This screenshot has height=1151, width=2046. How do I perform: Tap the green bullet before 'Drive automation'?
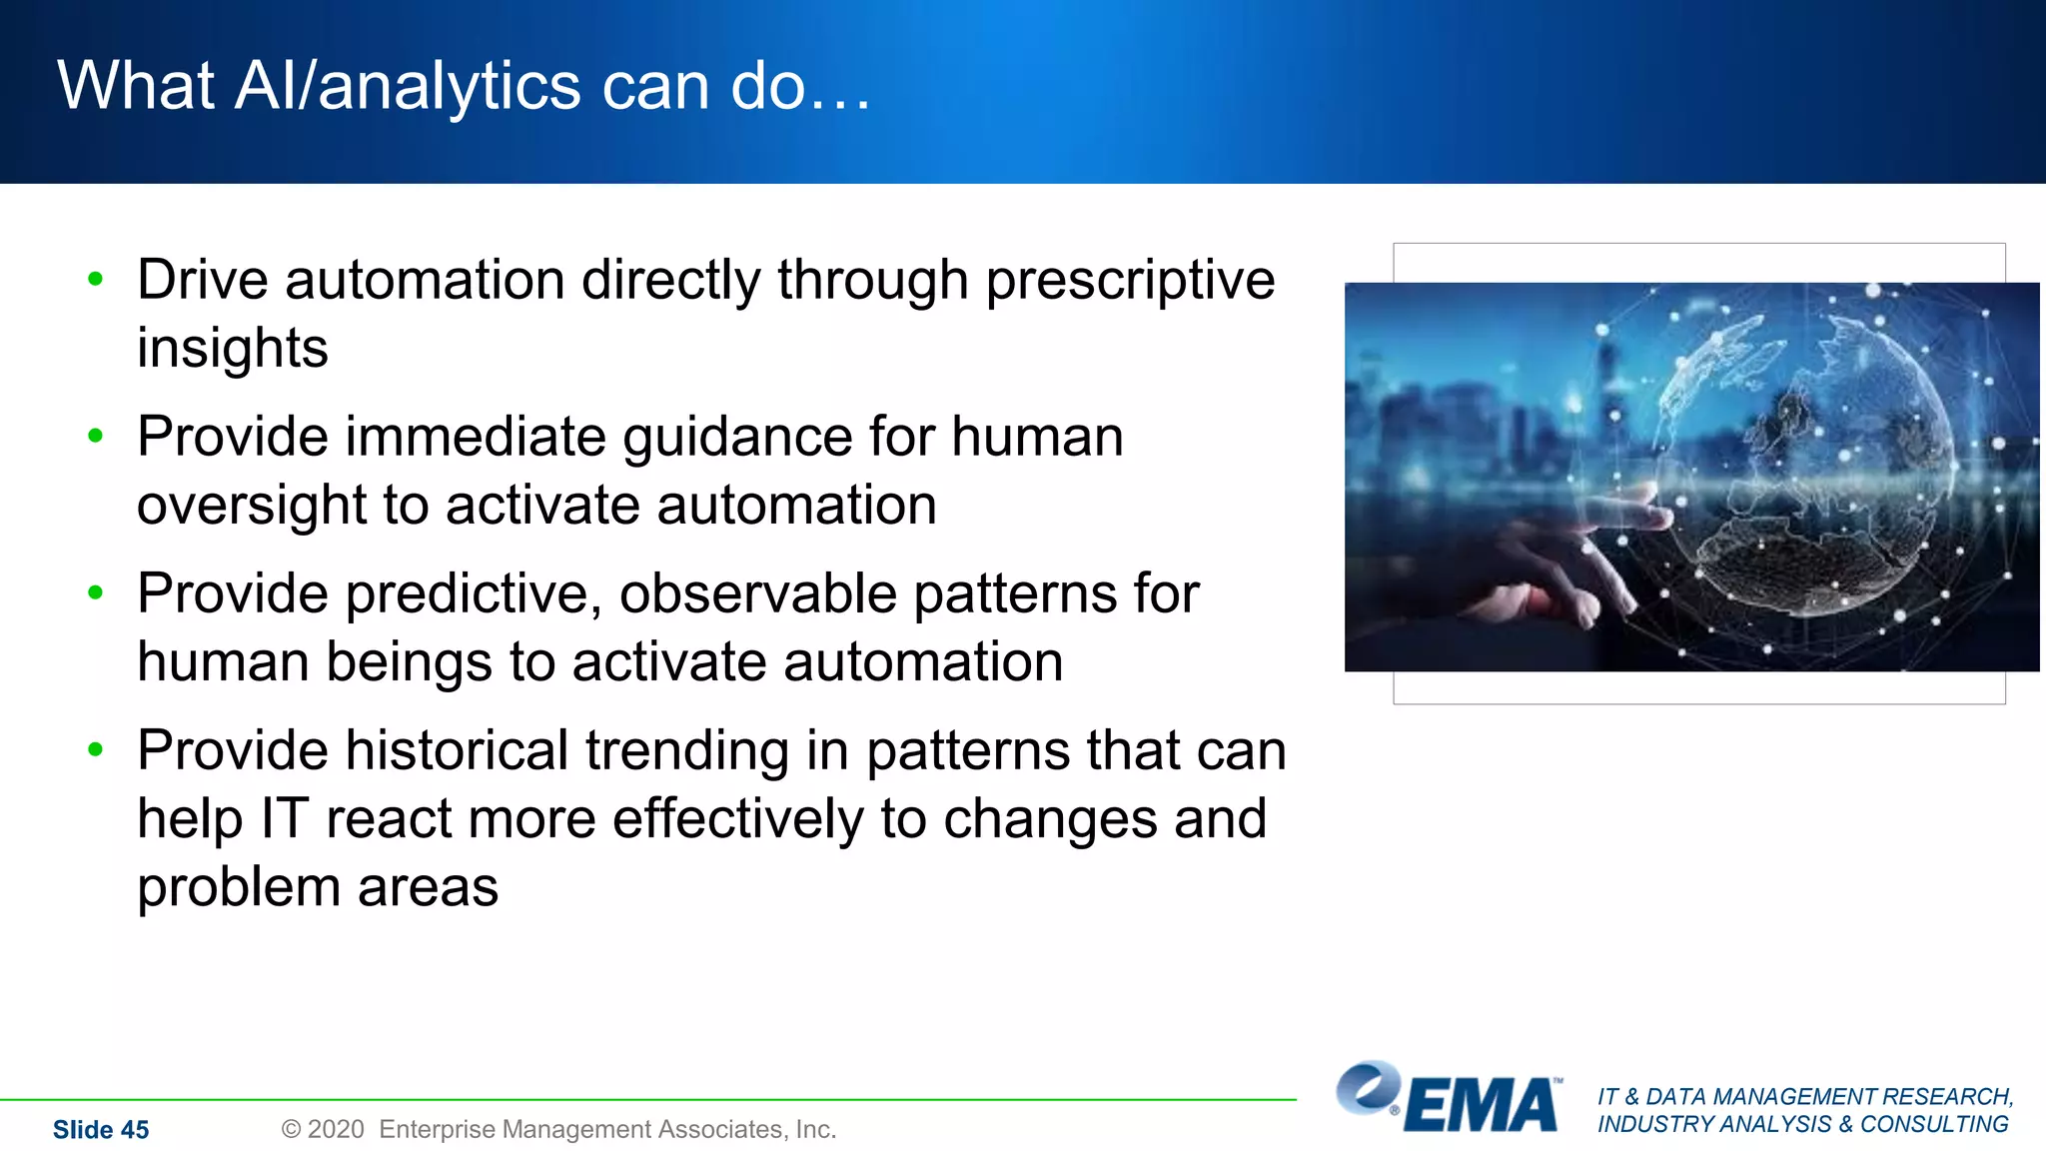click(96, 279)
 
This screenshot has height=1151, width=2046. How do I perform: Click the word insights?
click(232, 349)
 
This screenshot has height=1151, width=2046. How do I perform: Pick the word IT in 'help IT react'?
click(284, 819)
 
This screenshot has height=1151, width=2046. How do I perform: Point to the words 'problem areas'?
click(318, 887)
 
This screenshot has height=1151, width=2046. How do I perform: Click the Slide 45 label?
click(101, 1130)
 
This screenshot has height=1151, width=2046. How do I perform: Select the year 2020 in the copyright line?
click(336, 1129)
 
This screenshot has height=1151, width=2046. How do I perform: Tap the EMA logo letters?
click(1482, 1106)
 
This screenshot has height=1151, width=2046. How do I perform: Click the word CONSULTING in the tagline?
click(1934, 1124)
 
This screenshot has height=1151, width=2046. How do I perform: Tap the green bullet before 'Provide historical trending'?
click(96, 749)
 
